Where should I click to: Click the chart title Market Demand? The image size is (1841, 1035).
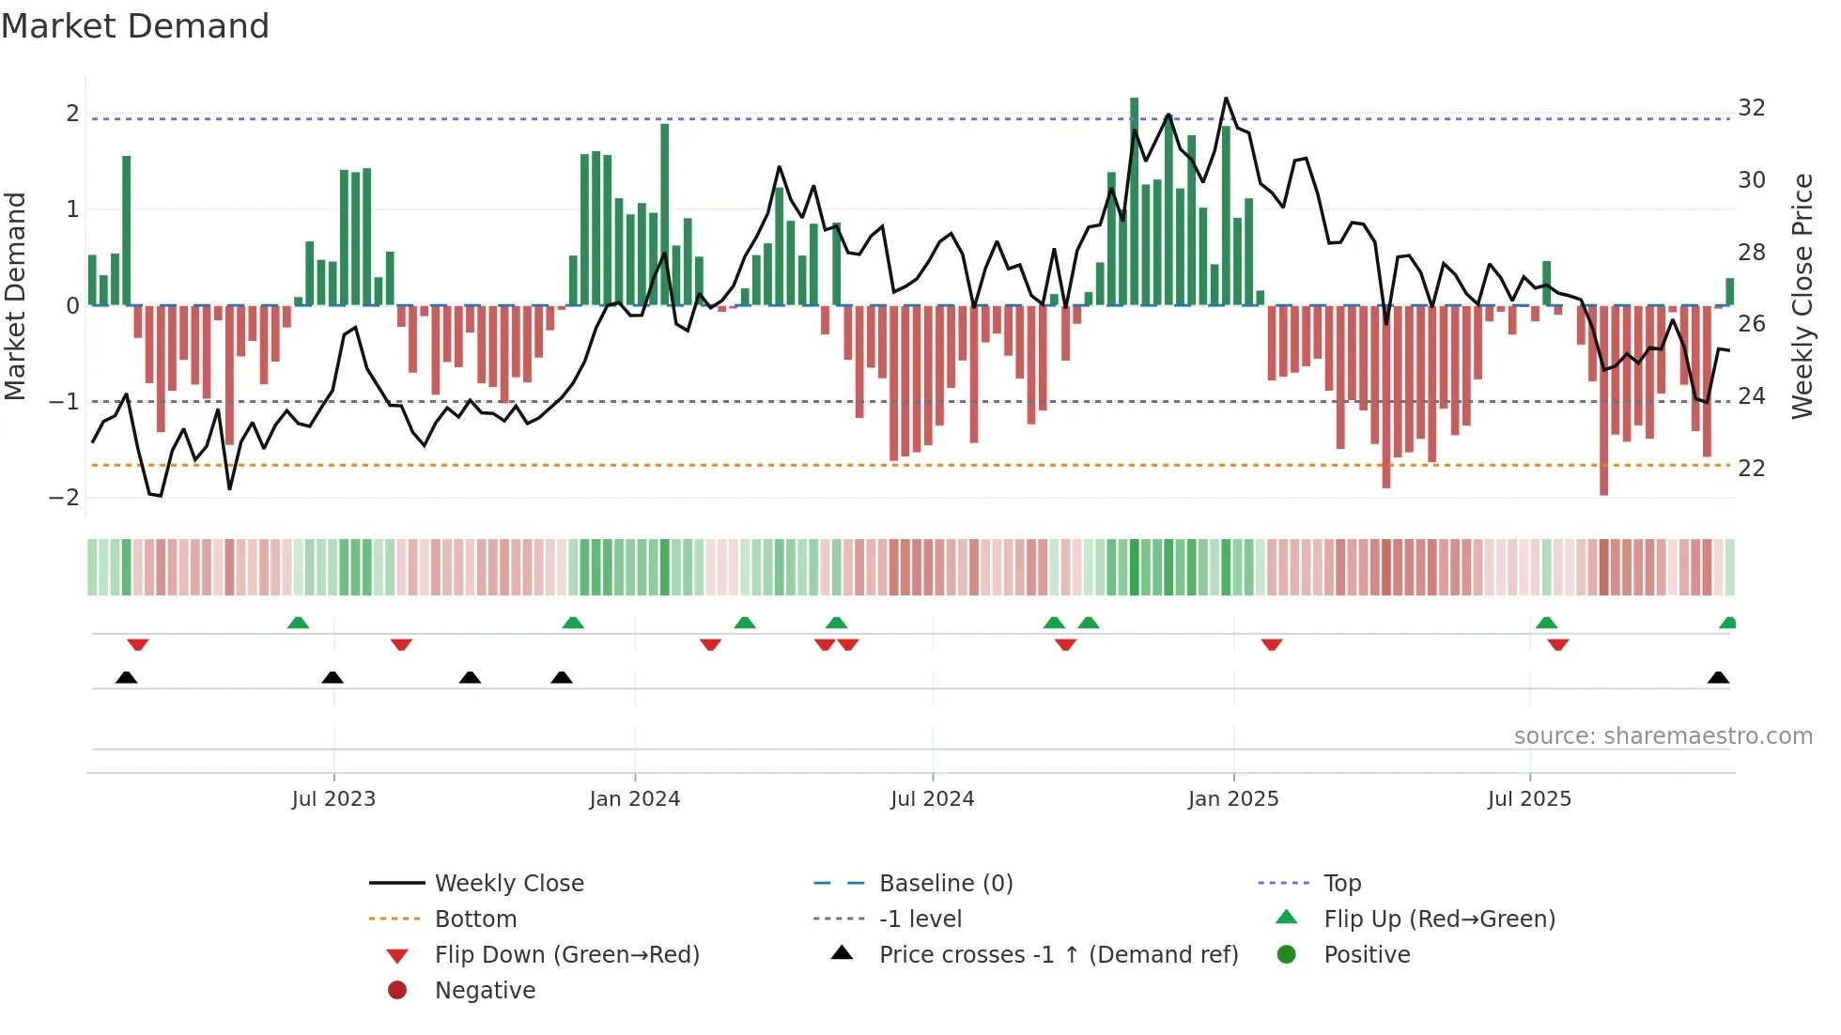click(x=135, y=26)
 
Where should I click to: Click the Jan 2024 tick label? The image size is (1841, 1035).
click(x=634, y=799)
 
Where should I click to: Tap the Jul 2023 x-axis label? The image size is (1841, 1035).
click(x=333, y=799)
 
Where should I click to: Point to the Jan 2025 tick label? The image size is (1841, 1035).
click(x=1232, y=799)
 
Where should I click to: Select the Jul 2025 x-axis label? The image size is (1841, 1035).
click(x=1529, y=799)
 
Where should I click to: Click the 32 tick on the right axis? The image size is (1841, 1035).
click(x=1751, y=108)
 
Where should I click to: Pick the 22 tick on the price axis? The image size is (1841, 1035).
click(x=1751, y=469)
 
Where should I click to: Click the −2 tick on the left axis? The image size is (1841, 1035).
click(x=65, y=498)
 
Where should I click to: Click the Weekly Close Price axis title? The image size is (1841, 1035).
click(x=1802, y=296)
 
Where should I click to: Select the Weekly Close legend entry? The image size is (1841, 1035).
click(x=508, y=884)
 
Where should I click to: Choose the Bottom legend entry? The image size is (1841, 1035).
click(x=475, y=919)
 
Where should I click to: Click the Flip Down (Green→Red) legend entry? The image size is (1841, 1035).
click(x=566, y=955)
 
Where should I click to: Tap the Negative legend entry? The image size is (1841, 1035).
click(x=485, y=991)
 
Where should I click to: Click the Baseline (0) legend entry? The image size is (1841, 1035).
click(x=945, y=884)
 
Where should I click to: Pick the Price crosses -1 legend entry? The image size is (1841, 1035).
click(x=1058, y=955)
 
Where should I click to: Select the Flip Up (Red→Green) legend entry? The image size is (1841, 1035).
click(x=1439, y=919)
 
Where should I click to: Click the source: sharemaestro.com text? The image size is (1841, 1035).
click(x=1663, y=736)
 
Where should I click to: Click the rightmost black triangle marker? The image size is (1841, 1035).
click(x=1718, y=678)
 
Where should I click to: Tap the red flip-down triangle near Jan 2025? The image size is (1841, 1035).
click(x=1272, y=645)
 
